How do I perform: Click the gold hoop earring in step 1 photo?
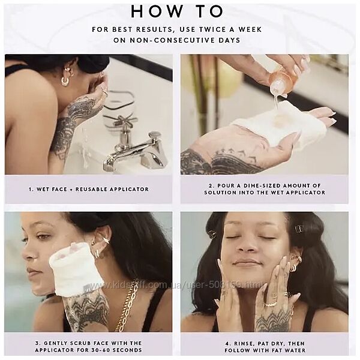65,81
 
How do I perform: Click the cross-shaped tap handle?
121,120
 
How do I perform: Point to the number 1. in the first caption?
31,190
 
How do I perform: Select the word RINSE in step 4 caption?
243,344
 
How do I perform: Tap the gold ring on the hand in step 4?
271,305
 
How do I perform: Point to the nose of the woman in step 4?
248,245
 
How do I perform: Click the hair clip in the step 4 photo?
298,229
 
